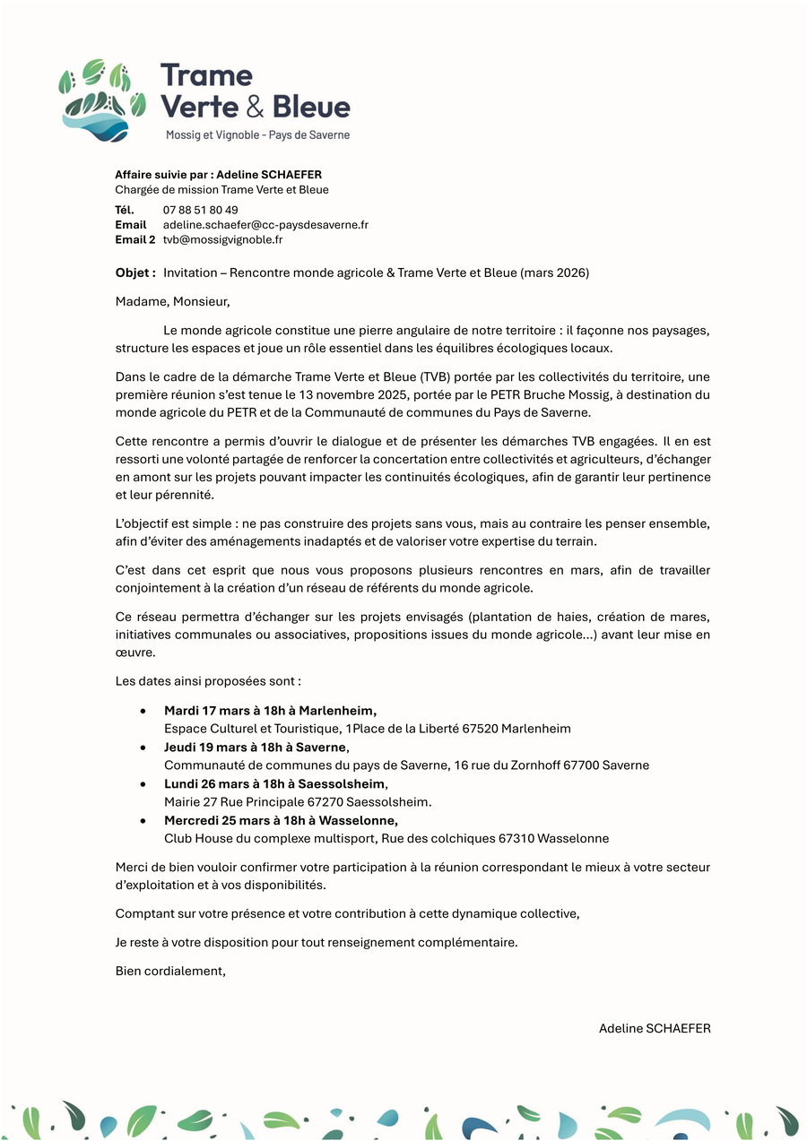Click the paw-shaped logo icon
tap(101, 99)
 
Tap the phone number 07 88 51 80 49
tap(201, 211)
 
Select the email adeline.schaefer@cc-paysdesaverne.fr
tap(265, 225)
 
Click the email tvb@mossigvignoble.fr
tap(222, 239)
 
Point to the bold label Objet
tap(135, 272)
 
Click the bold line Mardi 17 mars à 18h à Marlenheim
tap(270, 711)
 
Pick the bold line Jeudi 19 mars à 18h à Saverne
tap(255, 748)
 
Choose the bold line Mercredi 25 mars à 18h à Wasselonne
tap(281, 820)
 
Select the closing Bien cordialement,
tap(170, 971)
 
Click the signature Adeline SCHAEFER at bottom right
tap(655, 1029)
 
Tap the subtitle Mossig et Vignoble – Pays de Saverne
tap(257, 135)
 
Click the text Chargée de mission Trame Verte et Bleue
tap(221, 190)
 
